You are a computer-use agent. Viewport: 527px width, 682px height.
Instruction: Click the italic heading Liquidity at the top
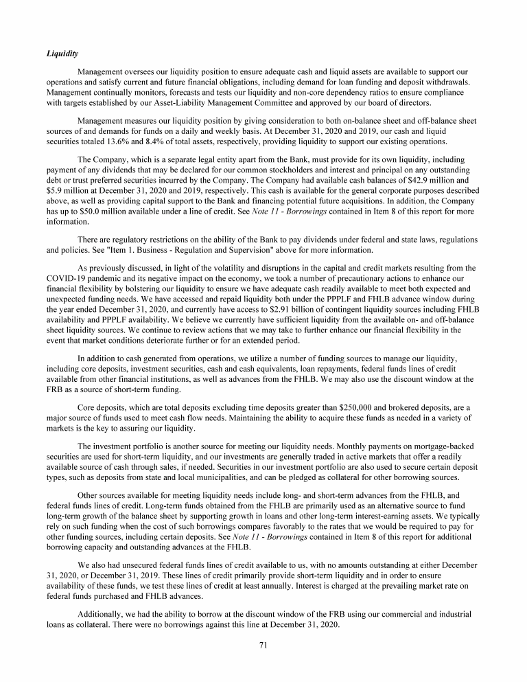click(x=61, y=53)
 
